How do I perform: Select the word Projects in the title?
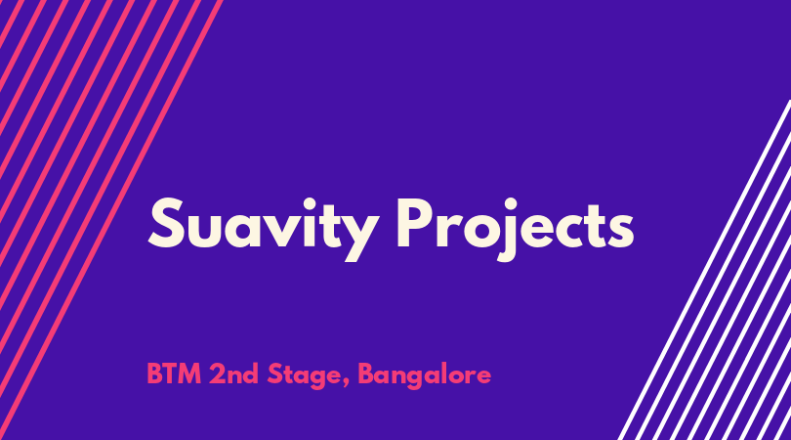click(515, 229)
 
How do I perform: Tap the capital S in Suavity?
click(166, 223)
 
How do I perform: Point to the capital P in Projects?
click(415, 223)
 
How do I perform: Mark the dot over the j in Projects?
click(511, 203)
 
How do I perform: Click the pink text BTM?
click(174, 374)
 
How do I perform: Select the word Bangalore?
click(424, 376)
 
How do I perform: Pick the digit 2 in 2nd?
click(218, 374)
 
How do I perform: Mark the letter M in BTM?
click(189, 374)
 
